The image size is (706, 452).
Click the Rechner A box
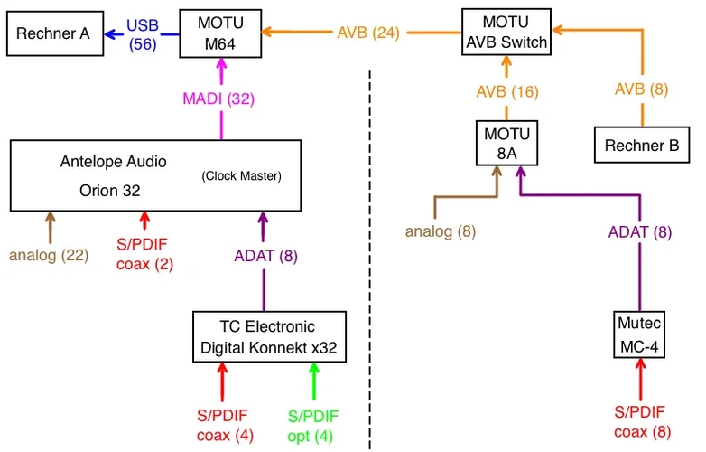(x=53, y=34)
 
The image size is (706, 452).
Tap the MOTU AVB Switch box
(x=506, y=32)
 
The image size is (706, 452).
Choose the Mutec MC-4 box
(x=639, y=334)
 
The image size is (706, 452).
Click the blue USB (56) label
(x=142, y=33)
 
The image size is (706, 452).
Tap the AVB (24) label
(x=367, y=33)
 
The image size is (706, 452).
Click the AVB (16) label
(x=507, y=91)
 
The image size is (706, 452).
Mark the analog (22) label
(x=49, y=255)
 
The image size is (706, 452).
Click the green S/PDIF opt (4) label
(x=313, y=426)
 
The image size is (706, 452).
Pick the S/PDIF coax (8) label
(x=641, y=422)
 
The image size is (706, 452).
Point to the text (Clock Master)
(x=241, y=175)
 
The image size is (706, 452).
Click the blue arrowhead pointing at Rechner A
(x=109, y=34)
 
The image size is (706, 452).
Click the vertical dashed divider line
(x=371, y=271)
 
